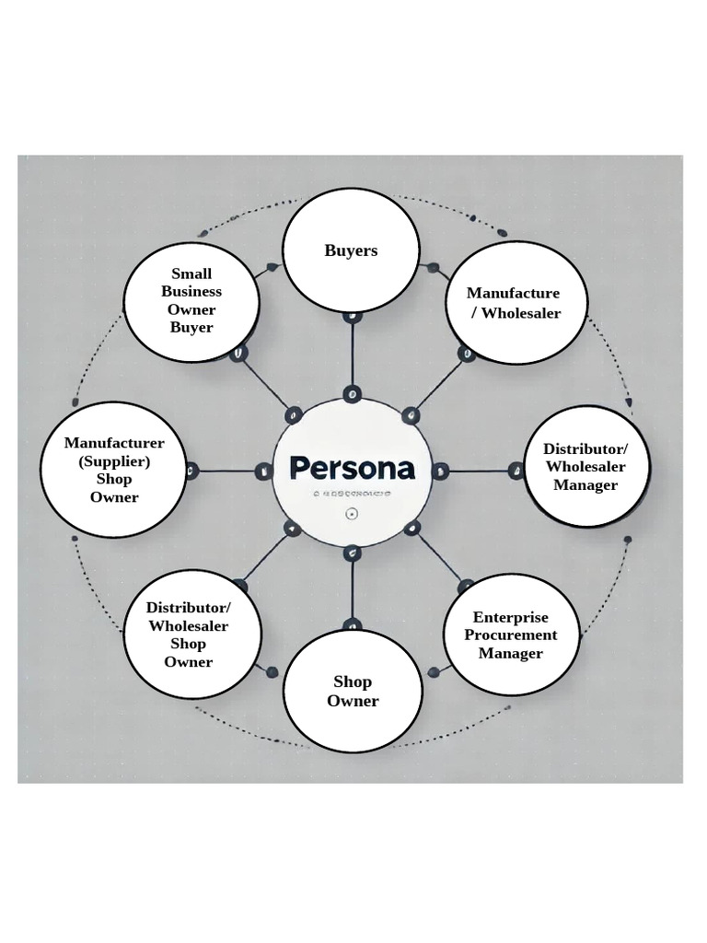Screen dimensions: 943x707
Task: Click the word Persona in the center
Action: click(x=352, y=468)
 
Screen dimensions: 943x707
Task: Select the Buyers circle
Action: click(x=351, y=250)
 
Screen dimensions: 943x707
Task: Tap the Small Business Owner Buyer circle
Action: click(x=191, y=301)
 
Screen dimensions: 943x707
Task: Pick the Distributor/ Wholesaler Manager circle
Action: click(x=586, y=467)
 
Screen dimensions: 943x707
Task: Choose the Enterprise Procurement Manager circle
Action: click(x=511, y=635)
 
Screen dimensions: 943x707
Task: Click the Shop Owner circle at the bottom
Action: click(x=353, y=692)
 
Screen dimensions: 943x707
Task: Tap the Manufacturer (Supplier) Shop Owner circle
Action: click(x=115, y=470)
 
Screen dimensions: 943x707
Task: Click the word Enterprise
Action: click(x=511, y=617)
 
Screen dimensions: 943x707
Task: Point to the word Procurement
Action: click(x=511, y=635)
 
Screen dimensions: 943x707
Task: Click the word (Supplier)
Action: click(x=114, y=461)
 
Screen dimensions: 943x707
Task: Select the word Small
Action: click(x=191, y=274)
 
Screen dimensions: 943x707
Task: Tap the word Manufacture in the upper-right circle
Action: click(x=513, y=293)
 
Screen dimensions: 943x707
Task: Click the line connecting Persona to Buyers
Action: click(x=352, y=355)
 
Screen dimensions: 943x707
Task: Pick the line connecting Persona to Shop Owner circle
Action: click(x=352, y=589)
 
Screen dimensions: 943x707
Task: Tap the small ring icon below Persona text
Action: click(x=351, y=514)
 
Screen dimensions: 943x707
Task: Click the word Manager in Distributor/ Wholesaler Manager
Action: click(x=585, y=485)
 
